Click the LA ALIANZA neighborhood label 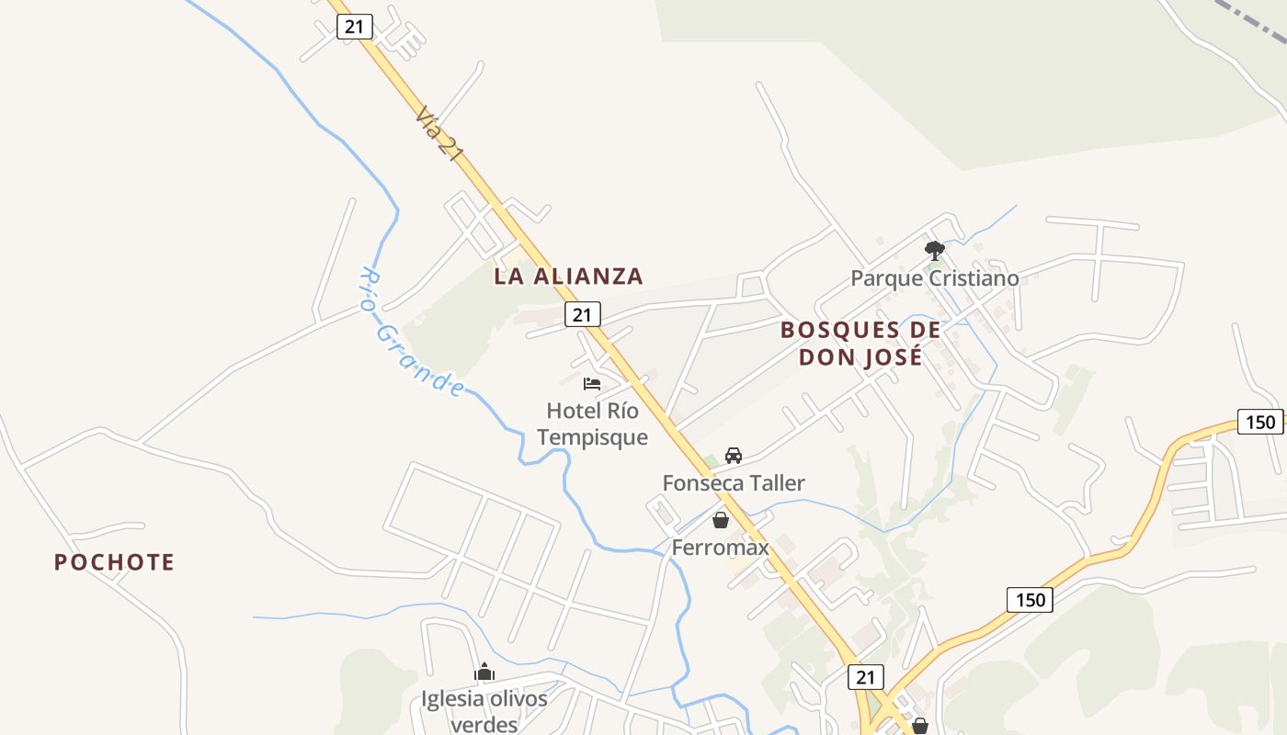568,276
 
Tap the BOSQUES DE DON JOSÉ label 860,343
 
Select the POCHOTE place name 114,562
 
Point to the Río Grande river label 411,333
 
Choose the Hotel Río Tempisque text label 592,424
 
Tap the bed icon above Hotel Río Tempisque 592,383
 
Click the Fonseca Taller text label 734,482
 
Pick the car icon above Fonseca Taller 734,455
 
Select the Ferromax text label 721,548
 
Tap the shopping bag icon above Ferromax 721,520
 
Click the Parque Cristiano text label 934,277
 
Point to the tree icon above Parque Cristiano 935,249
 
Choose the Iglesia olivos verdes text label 484,711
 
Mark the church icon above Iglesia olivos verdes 484,673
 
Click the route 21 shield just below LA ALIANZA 582,314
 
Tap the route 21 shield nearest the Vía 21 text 354,27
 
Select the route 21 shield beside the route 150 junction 865,677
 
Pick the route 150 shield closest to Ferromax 1030,600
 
